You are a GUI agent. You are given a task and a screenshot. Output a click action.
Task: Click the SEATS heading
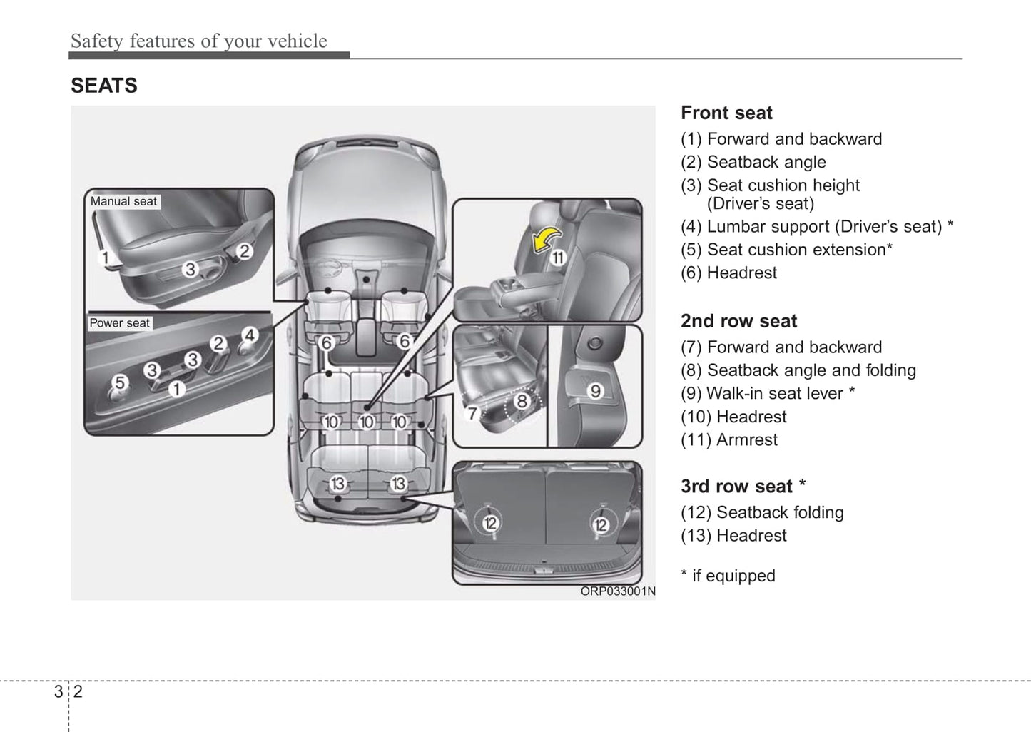click(x=104, y=86)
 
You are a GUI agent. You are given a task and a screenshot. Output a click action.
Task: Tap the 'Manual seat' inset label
click(x=123, y=202)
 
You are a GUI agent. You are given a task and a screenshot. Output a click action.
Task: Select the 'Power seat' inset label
click(x=119, y=323)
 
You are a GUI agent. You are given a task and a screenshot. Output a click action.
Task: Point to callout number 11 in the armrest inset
click(x=557, y=258)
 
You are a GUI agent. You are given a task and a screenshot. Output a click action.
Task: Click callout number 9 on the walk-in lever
click(x=595, y=391)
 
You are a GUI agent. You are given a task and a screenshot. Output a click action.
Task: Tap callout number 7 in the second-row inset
click(x=472, y=413)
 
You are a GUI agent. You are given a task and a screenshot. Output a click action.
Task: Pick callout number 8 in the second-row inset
click(x=522, y=401)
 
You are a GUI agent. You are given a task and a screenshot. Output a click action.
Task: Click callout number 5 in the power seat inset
click(x=120, y=382)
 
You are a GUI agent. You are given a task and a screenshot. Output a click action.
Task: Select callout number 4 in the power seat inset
click(x=249, y=335)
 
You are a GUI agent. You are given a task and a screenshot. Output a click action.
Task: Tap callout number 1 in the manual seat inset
click(x=105, y=258)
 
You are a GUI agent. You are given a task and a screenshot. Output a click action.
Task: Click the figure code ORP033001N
click(x=617, y=591)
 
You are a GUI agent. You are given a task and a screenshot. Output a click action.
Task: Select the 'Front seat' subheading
click(x=726, y=113)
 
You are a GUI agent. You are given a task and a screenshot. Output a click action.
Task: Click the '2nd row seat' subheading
click(x=738, y=321)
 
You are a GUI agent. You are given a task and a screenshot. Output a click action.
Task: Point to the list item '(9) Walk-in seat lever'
click(x=767, y=394)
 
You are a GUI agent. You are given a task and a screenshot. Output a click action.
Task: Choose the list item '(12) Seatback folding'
click(x=762, y=512)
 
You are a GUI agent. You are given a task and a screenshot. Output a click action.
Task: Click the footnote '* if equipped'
click(x=728, y=576)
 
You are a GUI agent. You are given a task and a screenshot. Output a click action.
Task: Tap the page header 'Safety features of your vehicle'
click(x=198, y=41)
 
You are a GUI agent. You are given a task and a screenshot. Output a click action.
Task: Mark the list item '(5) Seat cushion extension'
click(x=786, y=250)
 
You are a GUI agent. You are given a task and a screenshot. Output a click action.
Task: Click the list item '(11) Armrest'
click(x=728, y=439)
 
